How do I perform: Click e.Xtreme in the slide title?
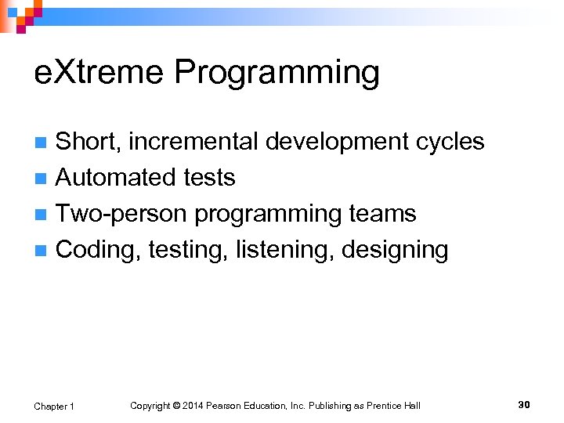pos(100,73)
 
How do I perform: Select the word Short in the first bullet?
pos(88,142)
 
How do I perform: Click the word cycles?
pos(450,142)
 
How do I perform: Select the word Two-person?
pos(122,214)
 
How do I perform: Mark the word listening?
pos(277,251)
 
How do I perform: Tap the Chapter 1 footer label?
pos(54,406)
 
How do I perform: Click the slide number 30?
pos(524,405)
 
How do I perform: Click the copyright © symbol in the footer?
pos(176,406)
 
